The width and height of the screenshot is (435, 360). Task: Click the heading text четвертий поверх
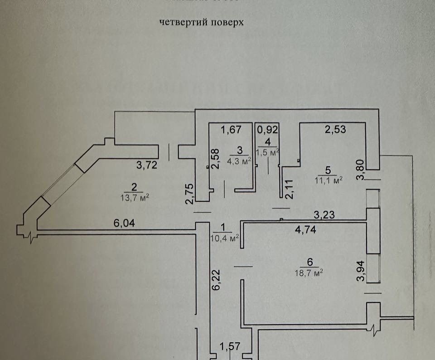coord(202,23)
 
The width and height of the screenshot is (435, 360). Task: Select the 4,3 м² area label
coord(240,161)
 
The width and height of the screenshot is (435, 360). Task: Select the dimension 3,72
coord(147,165)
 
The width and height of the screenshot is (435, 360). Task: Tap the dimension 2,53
coord(335,129)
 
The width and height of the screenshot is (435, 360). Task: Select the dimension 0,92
coord(268,129)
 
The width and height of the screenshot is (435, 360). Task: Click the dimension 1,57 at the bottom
coord(229,347)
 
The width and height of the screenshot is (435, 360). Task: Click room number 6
coord(310,262)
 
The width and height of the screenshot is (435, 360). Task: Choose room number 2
coord(134,186)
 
